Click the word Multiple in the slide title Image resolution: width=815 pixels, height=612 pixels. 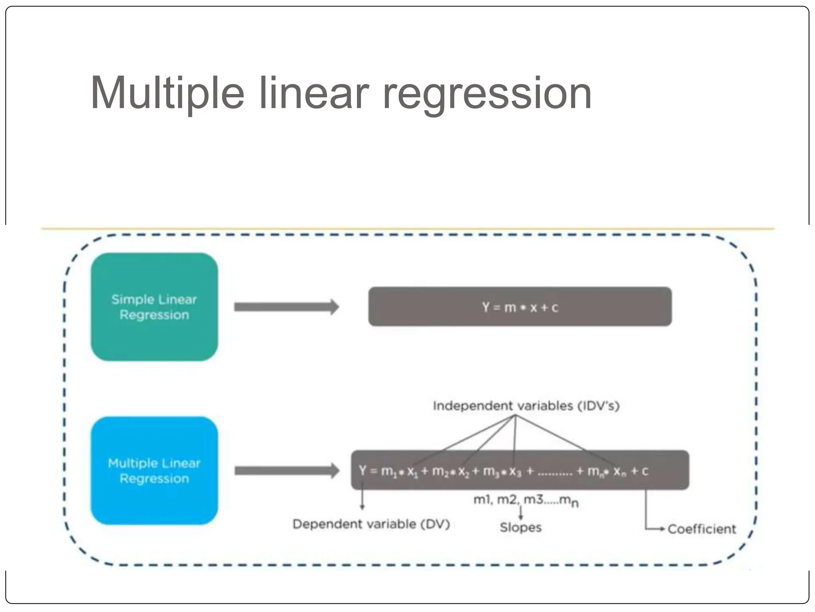click(x=167, y=94)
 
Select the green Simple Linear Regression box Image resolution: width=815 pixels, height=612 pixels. click(x=154, y=307)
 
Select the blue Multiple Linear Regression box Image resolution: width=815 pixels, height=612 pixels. click(x=154, y=471)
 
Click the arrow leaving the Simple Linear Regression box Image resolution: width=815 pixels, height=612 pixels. click(x=286, y=307)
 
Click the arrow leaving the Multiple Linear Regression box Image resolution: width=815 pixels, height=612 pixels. click(x=286, y=471)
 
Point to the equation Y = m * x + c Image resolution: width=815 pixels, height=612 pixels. click(x=520, y=307)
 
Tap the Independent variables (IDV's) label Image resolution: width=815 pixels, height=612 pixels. click(x=526, y=406)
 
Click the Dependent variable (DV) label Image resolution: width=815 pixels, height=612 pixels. click(x=371, y=524)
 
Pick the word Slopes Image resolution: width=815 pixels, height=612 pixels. click(x=521, y=528)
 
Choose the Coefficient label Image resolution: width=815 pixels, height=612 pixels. click(x=702, y=529)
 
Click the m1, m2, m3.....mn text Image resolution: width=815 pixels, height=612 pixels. click(x=525, y=500)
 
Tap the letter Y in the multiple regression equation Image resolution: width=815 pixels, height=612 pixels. click(x=363, y=471)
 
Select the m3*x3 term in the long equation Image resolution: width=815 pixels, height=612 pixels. click(x=502, y=471)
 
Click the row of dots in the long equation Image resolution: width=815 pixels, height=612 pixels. click(x=555, y=474)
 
